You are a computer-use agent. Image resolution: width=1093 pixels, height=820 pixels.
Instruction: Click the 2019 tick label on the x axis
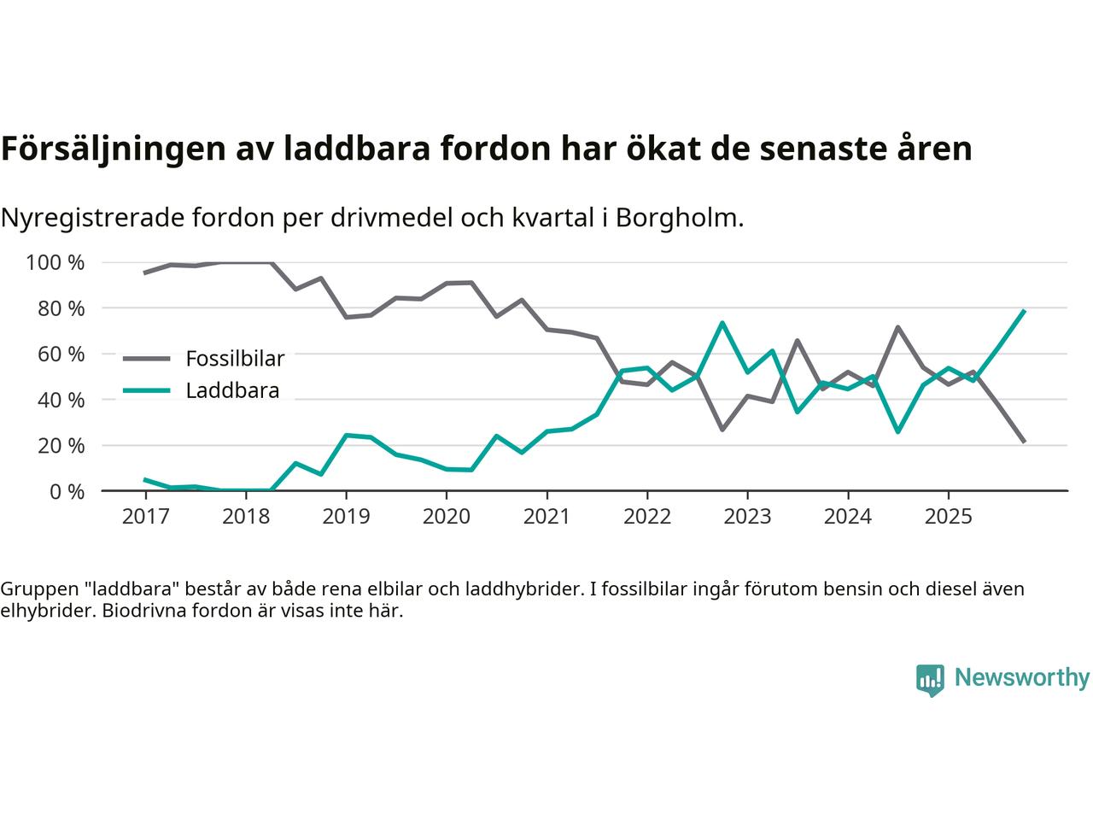[346, 517]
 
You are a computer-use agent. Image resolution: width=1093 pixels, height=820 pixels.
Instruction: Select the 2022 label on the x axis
[647, 517]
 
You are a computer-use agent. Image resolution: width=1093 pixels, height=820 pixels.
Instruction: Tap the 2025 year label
[948, 517]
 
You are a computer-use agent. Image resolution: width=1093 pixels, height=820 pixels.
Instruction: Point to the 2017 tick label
[145, 517]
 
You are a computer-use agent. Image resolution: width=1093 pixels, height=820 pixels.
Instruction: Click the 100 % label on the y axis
[56, 262]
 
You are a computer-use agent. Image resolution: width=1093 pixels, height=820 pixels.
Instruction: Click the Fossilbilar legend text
[235, 358]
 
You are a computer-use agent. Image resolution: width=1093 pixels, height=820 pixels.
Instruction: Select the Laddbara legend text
[232, 391]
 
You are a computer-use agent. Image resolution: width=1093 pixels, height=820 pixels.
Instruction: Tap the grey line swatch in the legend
[148, 359]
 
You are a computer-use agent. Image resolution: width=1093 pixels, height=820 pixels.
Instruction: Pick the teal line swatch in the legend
[148, 391]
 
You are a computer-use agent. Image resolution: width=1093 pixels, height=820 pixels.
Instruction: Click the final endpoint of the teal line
[1024, 311]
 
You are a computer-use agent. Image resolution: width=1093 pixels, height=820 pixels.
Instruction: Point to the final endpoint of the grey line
[1024, 442]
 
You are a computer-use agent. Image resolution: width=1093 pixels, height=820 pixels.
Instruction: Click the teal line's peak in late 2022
[722, 323]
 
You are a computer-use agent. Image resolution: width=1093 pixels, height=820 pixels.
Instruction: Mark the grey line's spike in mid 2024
[897, 327]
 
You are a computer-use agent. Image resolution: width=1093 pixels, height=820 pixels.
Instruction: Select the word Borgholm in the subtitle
[676, 218]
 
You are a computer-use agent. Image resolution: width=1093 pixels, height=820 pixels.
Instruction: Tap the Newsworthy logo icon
[930, 680]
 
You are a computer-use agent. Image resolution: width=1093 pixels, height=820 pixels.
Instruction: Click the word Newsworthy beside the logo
[1021, 678]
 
